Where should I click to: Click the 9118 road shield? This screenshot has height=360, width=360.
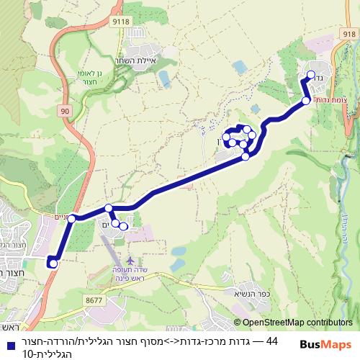pyautogui.click(x=121, y=22)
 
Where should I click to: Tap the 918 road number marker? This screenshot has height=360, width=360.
pyautogui.click(x=349, y=33)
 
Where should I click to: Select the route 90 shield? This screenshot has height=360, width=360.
pyautogui.click(x=65, y=110)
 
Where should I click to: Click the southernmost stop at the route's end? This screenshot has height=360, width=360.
pyautogui.click(x=53, y=264)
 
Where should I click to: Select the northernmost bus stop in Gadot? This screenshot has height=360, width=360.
pyautogui.click(x=311, y=75)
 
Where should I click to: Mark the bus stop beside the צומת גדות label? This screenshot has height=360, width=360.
pyautogui.click(x=306, y=101)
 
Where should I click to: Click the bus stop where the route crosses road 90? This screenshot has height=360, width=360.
pyautogui.click(x=71, y=218)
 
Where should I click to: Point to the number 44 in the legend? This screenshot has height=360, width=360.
pyautogui.click(x=271, y=341)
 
